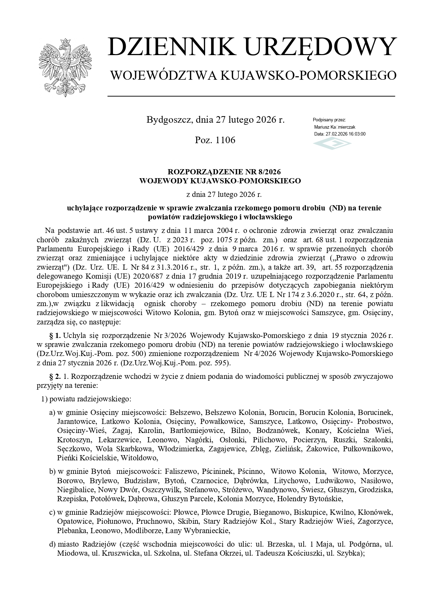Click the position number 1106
(x=225, y=140)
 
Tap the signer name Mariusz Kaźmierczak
(x=334, y=127)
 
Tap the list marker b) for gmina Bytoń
(x=52, y=471)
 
